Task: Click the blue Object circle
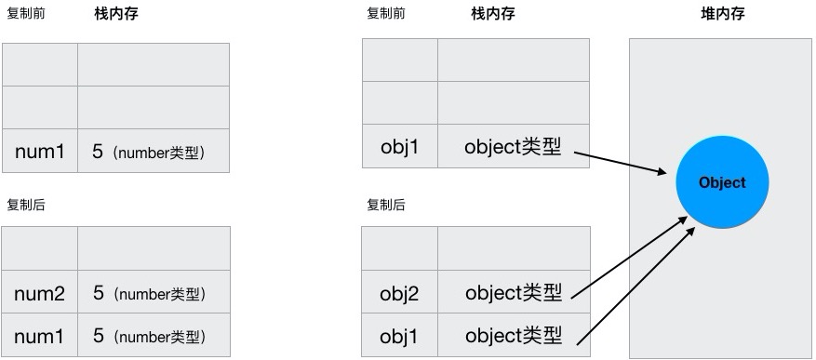pos(722,182)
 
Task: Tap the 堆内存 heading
pos(722,14)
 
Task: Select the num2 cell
pos(39,294)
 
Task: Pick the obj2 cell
pos(400,294)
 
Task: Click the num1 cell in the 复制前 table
pos(39,151)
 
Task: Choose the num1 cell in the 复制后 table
pos(39,336)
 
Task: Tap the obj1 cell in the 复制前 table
pos(400,147)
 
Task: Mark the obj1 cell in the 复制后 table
pos(400,336)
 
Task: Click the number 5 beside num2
pos(98,294)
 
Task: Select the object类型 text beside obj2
pos(514,294)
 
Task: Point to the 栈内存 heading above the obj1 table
pos(493,14)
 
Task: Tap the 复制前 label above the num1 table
pos(25,14)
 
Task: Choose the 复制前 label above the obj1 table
pos(386,14)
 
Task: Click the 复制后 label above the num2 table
pos(25,205)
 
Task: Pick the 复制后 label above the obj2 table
pos(386,205)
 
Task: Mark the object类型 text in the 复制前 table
pos(514,146)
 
